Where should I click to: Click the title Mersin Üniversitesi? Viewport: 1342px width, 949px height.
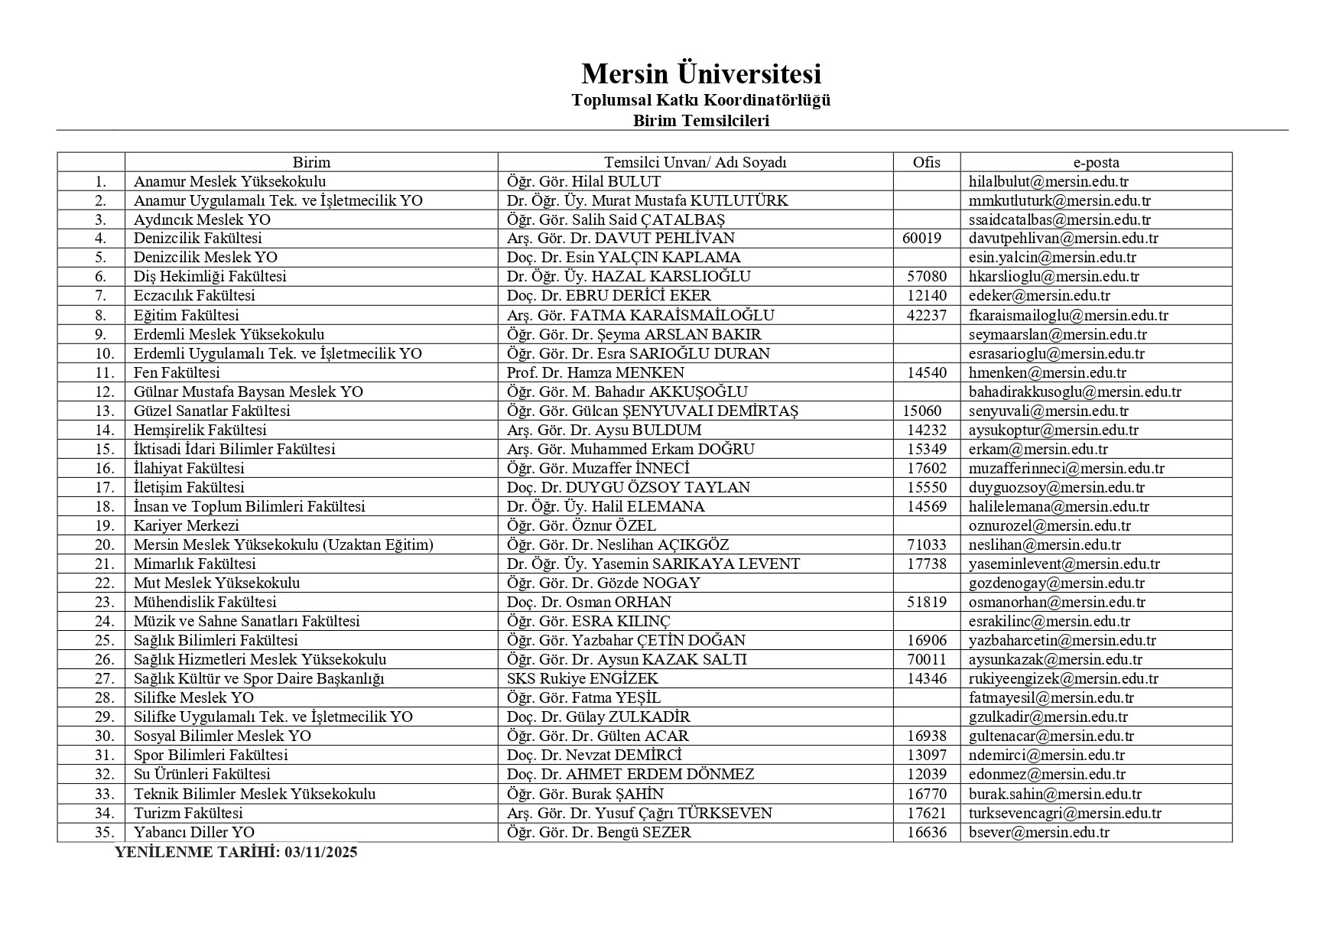click(x=700, y=74)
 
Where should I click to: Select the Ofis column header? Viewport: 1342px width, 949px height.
click(x=926, y=162)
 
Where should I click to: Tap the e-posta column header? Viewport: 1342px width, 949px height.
click(x=1096, y=162)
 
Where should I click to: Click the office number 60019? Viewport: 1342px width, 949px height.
click(x=921, y=239)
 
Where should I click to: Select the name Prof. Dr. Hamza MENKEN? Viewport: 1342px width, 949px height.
click(x=595, y=373)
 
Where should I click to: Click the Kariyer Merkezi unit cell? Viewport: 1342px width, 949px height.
click(x=186, y=526)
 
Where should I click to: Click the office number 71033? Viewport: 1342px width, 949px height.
click(x=926, y=545)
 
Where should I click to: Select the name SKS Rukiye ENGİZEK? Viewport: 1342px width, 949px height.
click(x=582, y=679)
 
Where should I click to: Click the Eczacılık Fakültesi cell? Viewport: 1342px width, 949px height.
click(x=194, y=296)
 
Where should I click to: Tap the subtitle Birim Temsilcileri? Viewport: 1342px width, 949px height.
click(x=700, y=121)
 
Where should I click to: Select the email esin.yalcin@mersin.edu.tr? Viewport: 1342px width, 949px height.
click(x=1051, y=258)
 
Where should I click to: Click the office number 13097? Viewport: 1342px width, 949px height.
click(x=926, y=756)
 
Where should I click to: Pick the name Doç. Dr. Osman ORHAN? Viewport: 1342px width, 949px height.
click(x=589, y=603)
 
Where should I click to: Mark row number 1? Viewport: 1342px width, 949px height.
click(x=99, y=182)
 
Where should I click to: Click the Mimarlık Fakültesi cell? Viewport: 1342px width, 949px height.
click(x=194, y=564)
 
